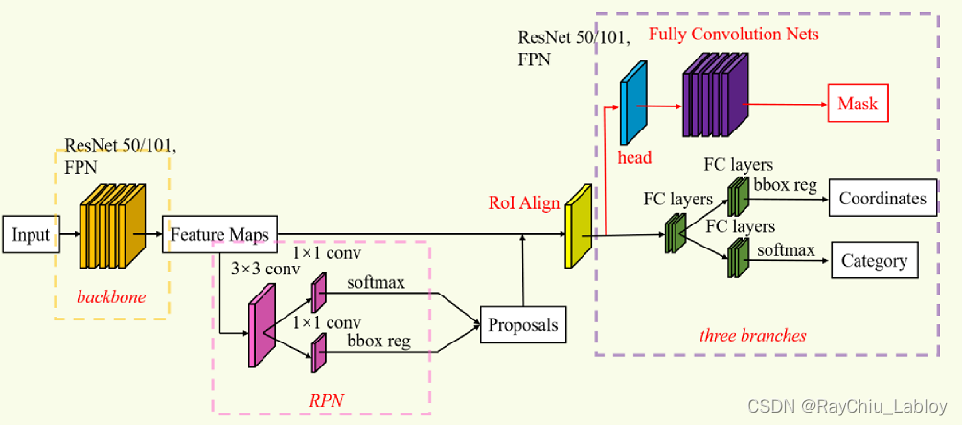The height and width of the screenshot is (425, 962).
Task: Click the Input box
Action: coord(31,234)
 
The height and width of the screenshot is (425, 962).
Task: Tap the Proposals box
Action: coord(522,324)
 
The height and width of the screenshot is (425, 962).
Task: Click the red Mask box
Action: coord(858,104)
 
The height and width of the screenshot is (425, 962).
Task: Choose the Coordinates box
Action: coord(882,198)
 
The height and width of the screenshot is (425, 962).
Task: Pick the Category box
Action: coord(873,260)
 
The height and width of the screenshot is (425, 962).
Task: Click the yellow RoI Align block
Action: coord(579,226)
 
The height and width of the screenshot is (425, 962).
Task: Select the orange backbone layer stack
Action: coord(112,225)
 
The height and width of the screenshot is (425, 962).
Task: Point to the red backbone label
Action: coord(111,296)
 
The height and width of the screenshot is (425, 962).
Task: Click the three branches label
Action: coord(752,335)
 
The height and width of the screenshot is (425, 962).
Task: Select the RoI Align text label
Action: coord(524,202)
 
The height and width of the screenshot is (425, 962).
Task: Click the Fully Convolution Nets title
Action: coord(733,35)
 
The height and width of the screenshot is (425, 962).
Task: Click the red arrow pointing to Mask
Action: coord(786,103)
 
